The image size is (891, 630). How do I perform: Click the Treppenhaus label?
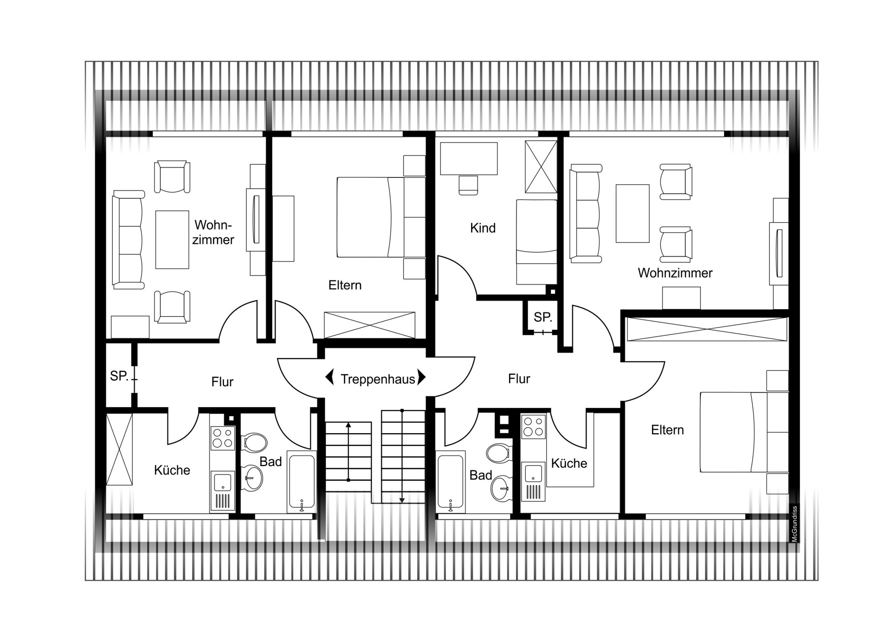378,379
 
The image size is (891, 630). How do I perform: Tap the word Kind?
483,228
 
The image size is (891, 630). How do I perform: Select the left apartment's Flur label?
222,382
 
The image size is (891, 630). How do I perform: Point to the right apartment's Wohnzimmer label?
675,273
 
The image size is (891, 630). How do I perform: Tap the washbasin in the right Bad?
500,488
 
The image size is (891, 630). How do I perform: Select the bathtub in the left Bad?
302,481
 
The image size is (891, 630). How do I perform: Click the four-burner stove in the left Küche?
222,438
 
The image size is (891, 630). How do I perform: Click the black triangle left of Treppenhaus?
329,377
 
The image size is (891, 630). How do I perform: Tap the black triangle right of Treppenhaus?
421,377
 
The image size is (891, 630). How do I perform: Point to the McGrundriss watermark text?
794,524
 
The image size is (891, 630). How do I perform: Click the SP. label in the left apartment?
119,376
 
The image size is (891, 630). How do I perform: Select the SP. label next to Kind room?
542,318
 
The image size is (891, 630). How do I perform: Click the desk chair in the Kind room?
468,185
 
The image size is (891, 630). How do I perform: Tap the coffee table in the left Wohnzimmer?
172,240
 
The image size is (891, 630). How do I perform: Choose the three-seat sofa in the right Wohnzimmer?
586,214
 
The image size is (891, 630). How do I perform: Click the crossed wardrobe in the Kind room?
541,167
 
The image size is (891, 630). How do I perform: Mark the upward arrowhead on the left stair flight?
348,424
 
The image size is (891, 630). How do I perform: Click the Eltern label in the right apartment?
667,430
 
